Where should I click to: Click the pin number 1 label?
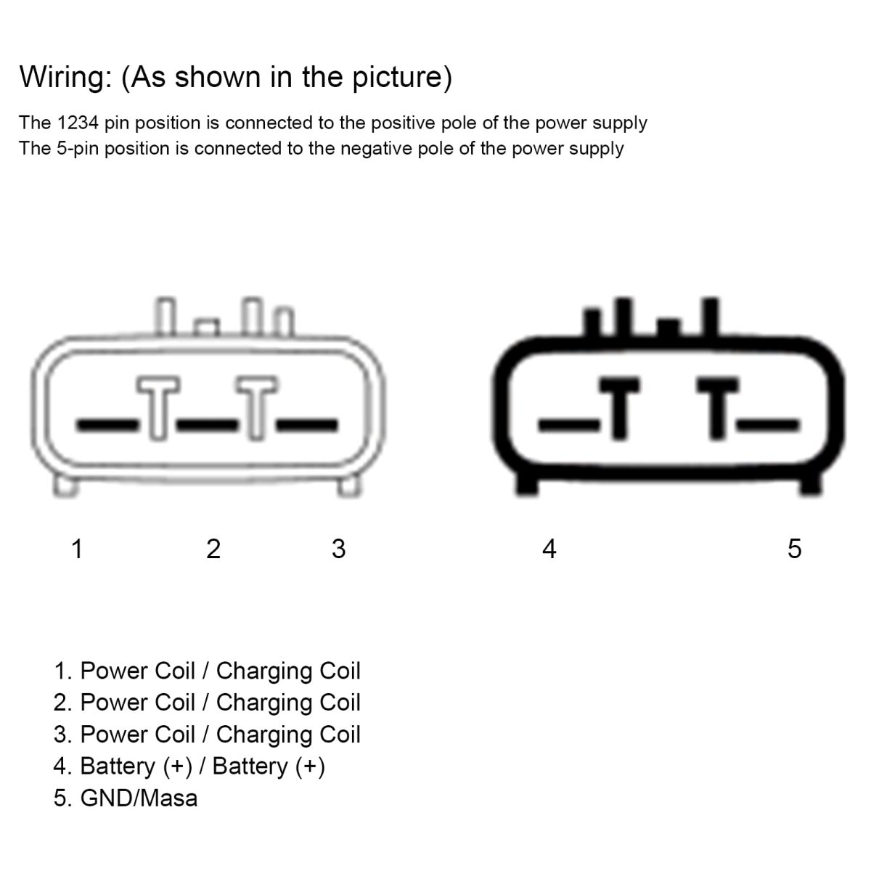click(77, 549)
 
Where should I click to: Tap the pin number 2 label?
click(213, 549)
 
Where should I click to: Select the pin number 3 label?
click(338, 549)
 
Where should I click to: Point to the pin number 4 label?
click(549, 549)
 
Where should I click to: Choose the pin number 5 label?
click(794, 549)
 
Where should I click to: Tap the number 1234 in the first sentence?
click(78, 123)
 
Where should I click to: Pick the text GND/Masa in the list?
click(139, 798)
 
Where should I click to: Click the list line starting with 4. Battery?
click(189, 766)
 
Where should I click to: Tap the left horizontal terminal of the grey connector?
click(107, 425)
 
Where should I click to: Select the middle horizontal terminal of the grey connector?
click(208, 425)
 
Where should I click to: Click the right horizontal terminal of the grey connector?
click(307, 425)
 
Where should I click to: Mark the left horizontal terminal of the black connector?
click(568, 425)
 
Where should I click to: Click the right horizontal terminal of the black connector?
click(768, 425)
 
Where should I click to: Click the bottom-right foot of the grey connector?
click(349, 486)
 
